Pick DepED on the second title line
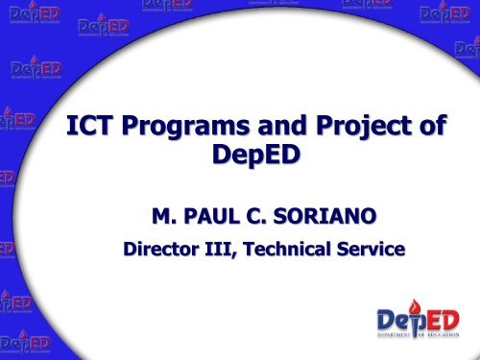[x=248, y=160]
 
